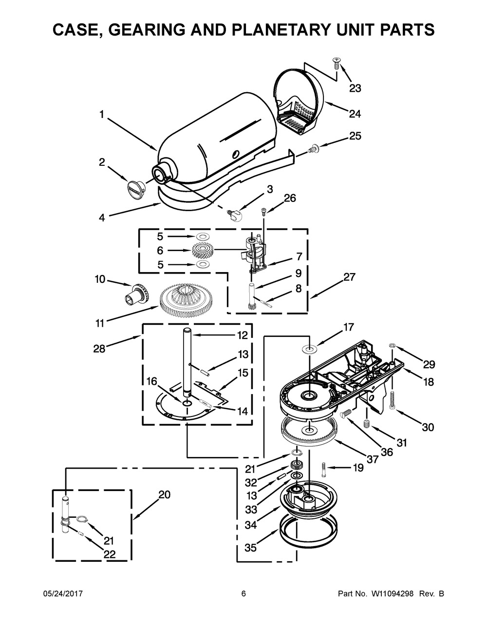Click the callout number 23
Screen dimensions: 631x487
pos(355,88)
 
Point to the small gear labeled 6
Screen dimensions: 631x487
pos(200,251)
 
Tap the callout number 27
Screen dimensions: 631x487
pos(349,277)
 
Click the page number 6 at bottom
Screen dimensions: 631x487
pos(243,594)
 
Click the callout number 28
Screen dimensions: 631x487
pos(99,349)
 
